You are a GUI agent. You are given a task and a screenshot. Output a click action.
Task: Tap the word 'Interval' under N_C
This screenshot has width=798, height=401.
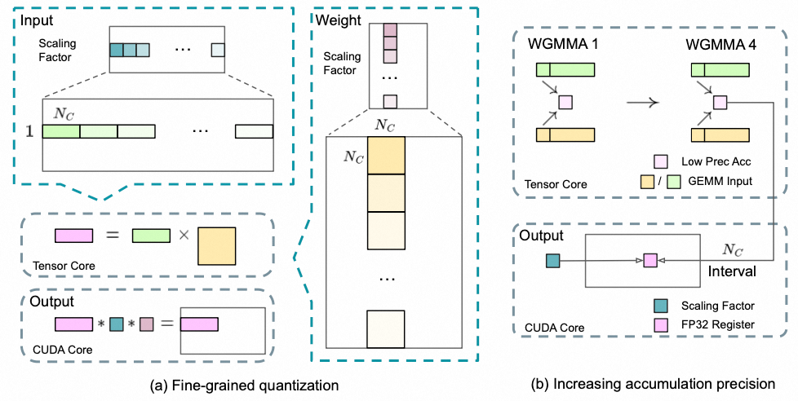point(731,269)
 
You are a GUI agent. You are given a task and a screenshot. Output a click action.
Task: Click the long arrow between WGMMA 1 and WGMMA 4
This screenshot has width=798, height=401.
point(642,103)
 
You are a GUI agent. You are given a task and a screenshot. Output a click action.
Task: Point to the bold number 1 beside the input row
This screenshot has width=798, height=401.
point(29,130)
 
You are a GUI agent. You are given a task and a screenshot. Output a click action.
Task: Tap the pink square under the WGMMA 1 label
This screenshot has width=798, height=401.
point(565,103)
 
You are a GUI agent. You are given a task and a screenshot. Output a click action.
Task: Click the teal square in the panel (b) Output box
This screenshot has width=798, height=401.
point(552,261)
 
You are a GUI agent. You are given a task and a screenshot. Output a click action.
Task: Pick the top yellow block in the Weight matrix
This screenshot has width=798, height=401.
point(385,156)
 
